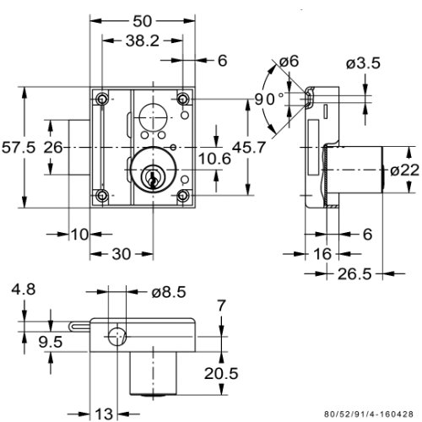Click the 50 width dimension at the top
(142, 21)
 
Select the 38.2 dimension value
(143, 41)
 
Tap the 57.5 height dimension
(19, 148)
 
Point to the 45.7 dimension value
(249, 148)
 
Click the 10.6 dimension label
(214, 159)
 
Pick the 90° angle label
(269, 99)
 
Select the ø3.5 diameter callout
(363, 63)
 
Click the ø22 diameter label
(404, 170)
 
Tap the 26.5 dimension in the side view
(354, 273)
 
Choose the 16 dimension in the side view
(322, 254)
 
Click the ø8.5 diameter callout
(169, 292)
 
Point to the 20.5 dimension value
(221, 374)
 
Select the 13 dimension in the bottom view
(104, 414)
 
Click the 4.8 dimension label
(24, 289)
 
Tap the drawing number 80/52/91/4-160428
(369, 414)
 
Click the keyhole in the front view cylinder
(153, 179)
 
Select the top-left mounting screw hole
(102, 99)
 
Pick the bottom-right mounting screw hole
(183, 195)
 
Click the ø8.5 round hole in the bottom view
(117, 337)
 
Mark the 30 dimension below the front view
(122, 254)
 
